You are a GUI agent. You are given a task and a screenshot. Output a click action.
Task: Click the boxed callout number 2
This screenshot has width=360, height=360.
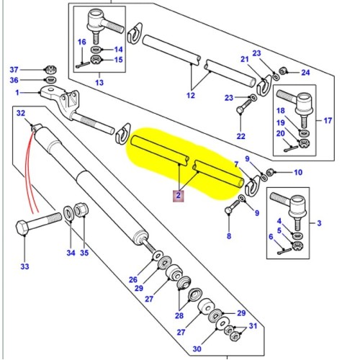(176, 194)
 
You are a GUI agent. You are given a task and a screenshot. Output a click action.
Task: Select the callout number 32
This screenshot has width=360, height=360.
(21, 113)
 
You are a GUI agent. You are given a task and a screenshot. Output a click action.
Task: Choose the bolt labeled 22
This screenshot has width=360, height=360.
(240, 115)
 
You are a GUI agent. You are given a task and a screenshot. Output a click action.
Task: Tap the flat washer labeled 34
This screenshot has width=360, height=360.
(69, 212)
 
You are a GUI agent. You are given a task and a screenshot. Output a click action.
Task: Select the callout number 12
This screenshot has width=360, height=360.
(191, 94)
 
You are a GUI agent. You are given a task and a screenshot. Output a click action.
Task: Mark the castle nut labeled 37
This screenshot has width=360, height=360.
(51, 69)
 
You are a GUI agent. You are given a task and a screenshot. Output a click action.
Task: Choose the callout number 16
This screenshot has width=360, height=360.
(82, 42)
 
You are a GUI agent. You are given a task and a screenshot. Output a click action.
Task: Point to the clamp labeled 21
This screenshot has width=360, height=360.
(264, 86)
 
